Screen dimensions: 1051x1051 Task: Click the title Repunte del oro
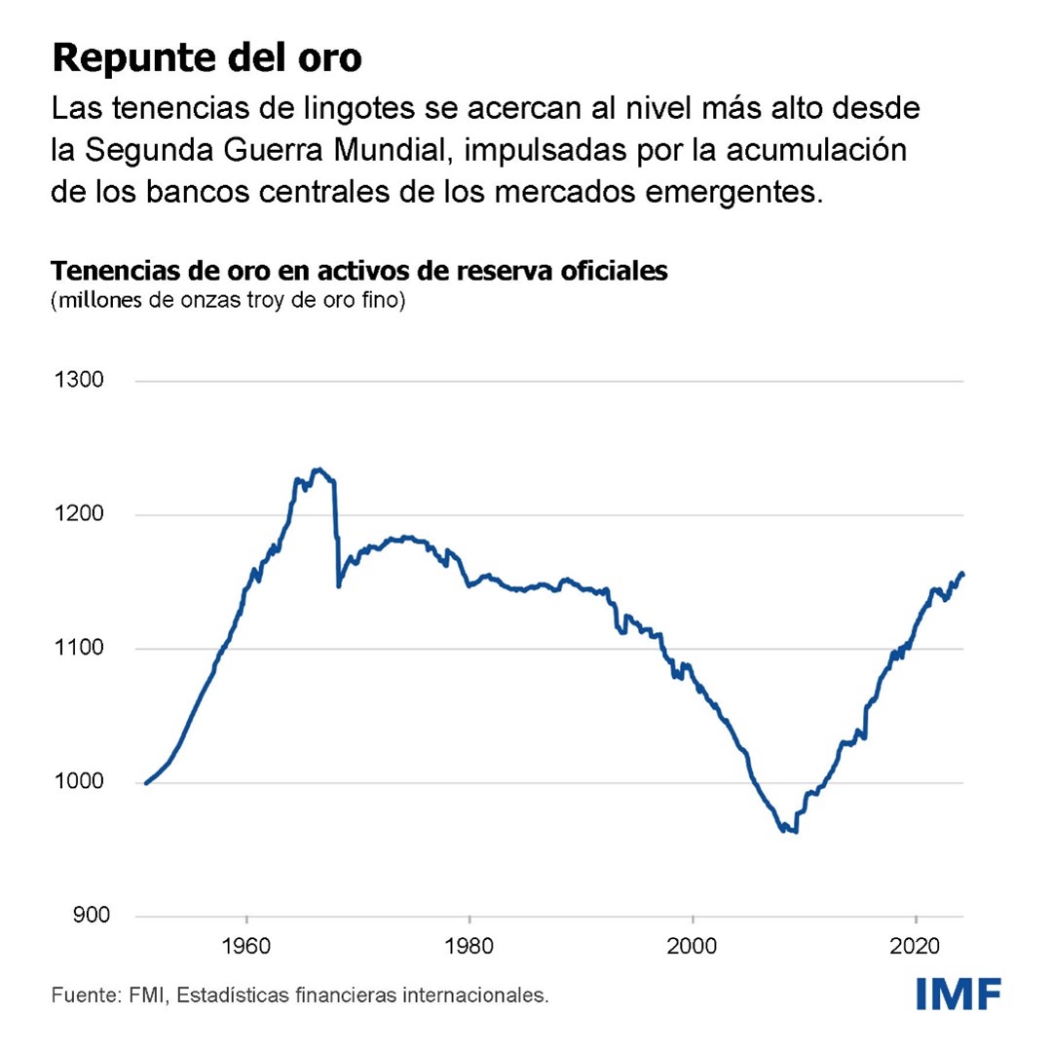click(x=206, y=57)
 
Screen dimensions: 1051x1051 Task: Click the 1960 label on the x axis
click(x=247, y=944)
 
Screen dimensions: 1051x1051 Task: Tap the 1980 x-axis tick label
click(x=469, y=944)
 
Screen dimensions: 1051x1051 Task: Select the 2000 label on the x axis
click(x=693, y=944)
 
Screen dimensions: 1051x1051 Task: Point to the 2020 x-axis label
click(x=916, y=944)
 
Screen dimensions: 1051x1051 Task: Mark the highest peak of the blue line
click(x=318, y=469)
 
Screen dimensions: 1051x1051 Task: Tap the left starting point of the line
click(x=146, y=782)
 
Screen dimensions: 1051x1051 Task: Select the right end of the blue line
click(x=962, y=574)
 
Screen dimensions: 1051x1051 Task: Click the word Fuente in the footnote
click(x=82, y=995)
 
